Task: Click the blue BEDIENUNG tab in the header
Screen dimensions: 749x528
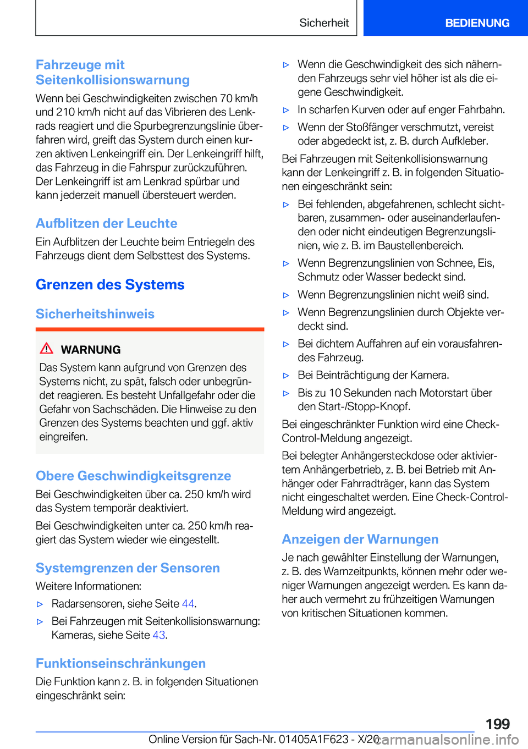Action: pyautogui.click(x=477, y=23)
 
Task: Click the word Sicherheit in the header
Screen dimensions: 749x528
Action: pyautogui.click(x=324, y=23)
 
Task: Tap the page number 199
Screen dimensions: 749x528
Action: pyautogui.click(x=497, y=724)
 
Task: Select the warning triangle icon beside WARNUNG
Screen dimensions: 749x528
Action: pyautogui.click(x=47, y=348)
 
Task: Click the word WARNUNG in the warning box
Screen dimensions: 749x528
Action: pyautogui.click(x=91, y=350)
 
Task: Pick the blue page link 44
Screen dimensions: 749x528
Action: pyautogui.click(x=188, y=604)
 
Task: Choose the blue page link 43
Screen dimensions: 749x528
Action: pyautogui.click(x=159, y=635)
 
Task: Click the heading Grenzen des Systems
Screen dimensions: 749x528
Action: pyautogui.click(x=110, y=285)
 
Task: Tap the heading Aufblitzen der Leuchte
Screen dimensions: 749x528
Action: pyautogui.click(x=107, y=223)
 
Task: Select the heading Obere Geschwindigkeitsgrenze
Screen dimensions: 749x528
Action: pyautogui.click(x=133, y=476)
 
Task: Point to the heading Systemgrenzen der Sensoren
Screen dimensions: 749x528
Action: pyautogui.click(x=128, y=568)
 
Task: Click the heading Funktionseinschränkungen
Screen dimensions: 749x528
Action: pyautogui.click(x=120, y=663)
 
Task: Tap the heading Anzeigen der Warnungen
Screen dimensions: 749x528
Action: pyautogui.click(x=360, y=539)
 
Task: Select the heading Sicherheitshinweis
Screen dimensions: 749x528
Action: pyautogui.click(x=95, y=314)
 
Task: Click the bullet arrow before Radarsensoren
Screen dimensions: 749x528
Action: pyautogui.click(x=40, y=604)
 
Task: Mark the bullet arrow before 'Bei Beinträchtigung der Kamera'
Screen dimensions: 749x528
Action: pyautogui.click(x=286, y=376)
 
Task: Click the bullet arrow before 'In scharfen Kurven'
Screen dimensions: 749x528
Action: pyautogui.click(x=286, y=110)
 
